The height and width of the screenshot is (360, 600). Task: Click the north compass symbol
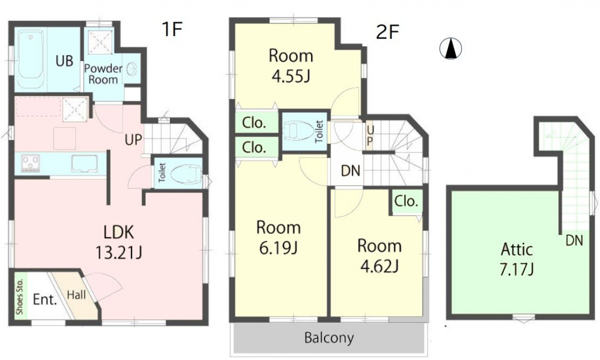click(451, 48)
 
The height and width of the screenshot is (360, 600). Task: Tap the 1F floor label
click(172, 29)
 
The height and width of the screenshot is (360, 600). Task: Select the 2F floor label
click(387, 32)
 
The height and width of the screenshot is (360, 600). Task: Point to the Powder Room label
click(103, 74)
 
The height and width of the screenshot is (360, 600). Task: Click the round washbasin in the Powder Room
click(132, 69)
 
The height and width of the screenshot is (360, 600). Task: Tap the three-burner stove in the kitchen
click(31, 163)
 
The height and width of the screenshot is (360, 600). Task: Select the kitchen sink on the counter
click(84, 163)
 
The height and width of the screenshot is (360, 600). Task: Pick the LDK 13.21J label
click(118, 242)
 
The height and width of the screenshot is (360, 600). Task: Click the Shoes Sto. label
click(20, 296)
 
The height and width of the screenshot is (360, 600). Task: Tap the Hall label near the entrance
click(76, 295)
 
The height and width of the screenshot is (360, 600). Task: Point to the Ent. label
click(44, 299)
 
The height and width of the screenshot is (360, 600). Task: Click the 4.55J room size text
click(291, 76)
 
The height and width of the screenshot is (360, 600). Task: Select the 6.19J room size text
click(278, 248)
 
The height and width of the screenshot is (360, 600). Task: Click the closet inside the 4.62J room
click(406, 201)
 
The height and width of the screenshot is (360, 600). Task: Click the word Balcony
click(329, 338)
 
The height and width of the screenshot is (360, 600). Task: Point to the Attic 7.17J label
click(517, 259)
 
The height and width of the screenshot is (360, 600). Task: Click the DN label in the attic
click(574, 240)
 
